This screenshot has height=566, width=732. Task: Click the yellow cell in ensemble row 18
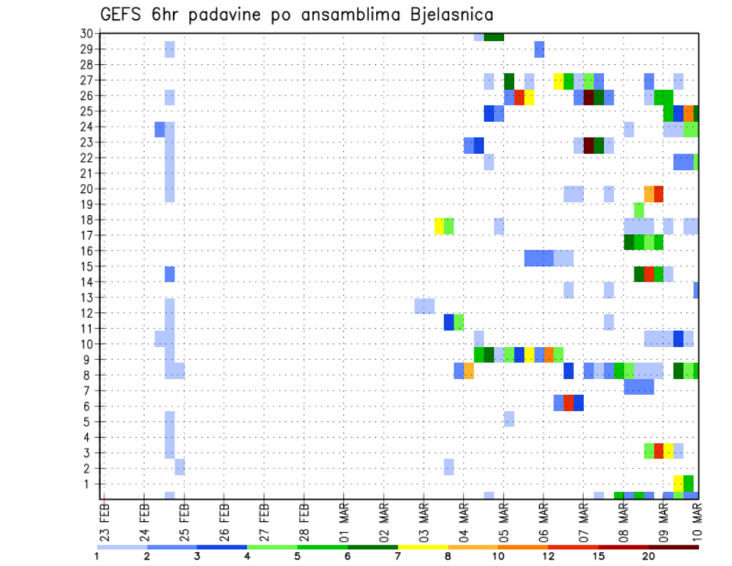(439, 226)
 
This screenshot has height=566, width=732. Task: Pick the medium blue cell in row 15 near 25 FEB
(169, 274)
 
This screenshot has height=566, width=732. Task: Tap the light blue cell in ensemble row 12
(424, 306)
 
